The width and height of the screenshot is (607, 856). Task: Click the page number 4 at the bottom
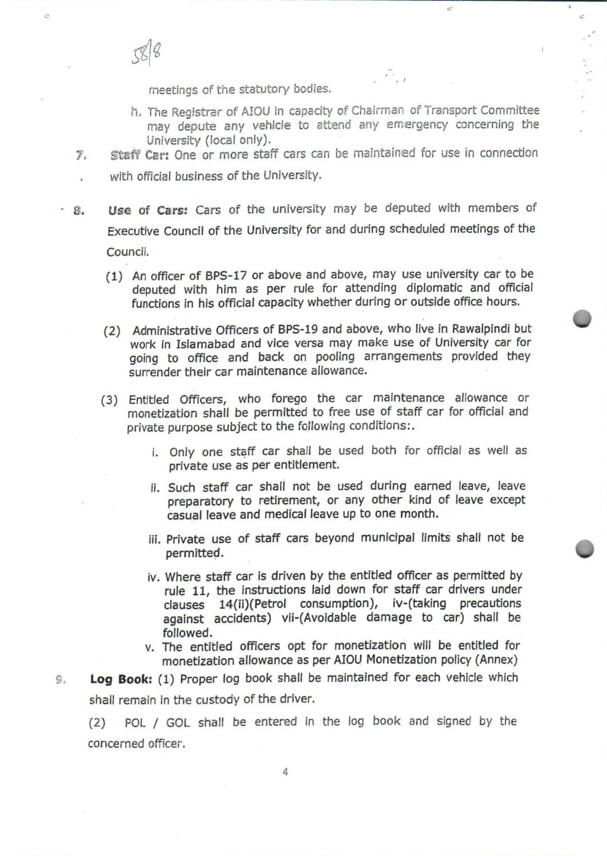click(x=285, y=772)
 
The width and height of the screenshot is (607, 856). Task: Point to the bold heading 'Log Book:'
click(x=121, y=679)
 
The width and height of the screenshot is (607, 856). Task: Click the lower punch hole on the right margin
click(x=585, y=548)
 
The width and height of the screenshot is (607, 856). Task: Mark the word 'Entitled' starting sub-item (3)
click(x=149, y=399)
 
